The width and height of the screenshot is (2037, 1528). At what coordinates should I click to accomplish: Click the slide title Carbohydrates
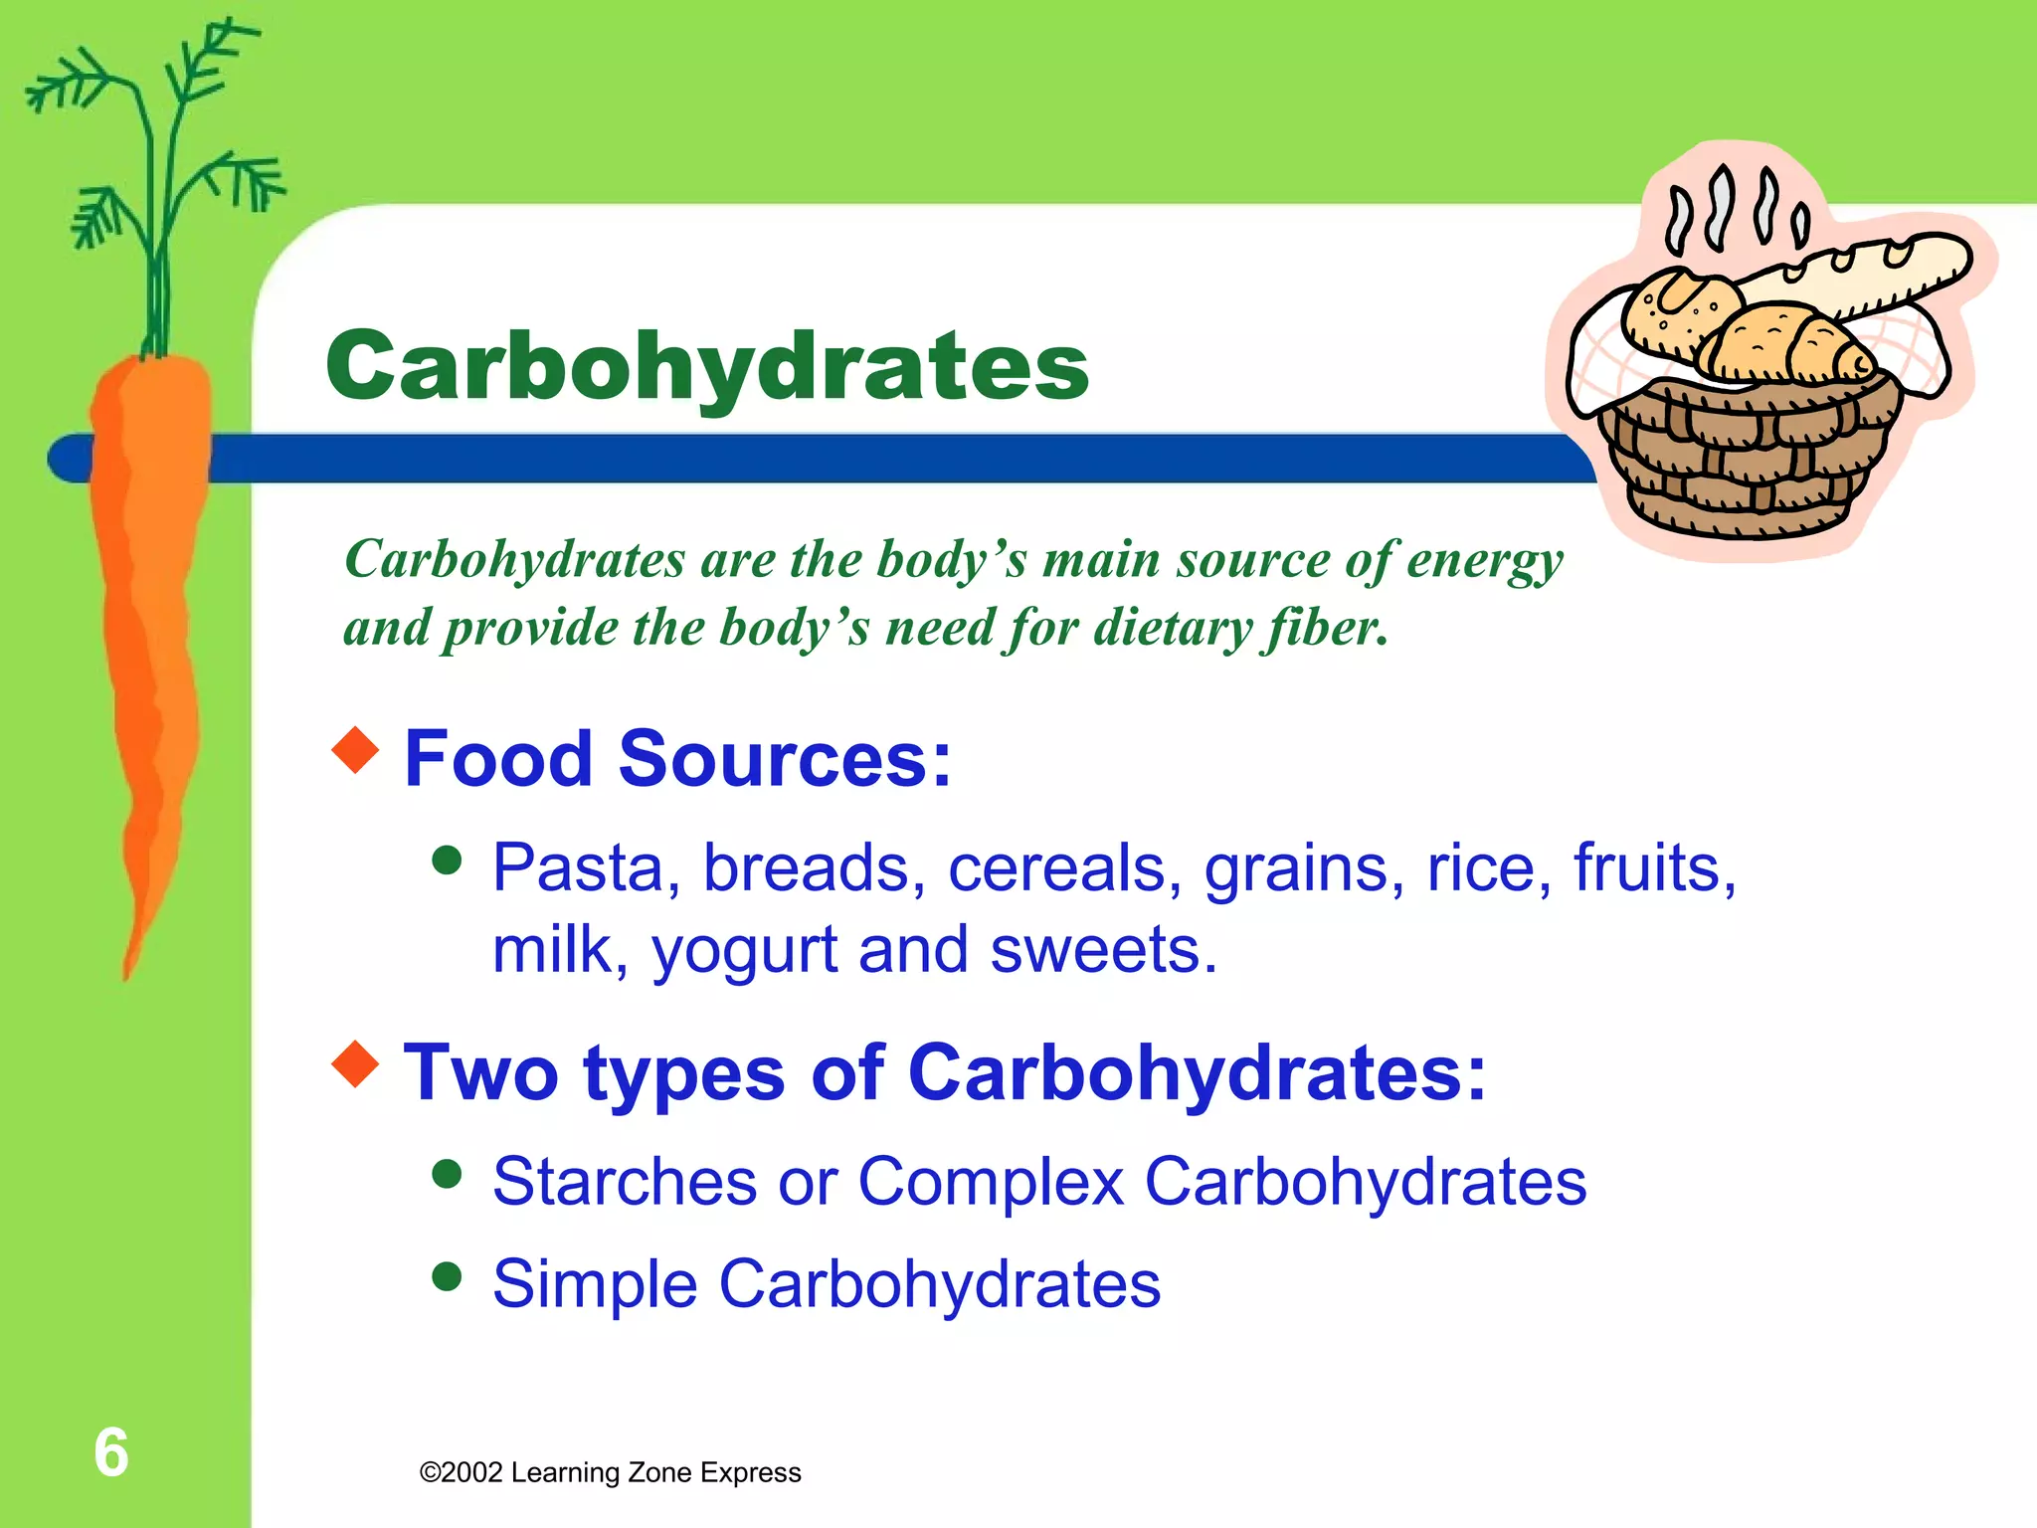[707, 367]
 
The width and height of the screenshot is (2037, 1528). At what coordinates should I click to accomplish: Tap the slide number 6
[111, 1452]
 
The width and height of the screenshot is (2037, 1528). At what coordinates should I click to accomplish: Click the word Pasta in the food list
[577, 867]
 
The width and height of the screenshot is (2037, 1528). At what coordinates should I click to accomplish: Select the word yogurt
[745, 951]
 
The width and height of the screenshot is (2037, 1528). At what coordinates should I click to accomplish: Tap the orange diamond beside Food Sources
[355, 750]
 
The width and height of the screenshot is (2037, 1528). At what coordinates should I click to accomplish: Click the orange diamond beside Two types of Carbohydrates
[355, 1063]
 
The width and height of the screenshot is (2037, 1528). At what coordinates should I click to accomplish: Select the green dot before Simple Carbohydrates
[448, 1276]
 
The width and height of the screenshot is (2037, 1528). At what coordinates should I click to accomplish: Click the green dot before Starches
[448, 1174]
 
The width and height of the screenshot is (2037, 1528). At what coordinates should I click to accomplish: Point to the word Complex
[991, 1183]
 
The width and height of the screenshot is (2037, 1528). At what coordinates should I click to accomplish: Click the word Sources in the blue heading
[785, 760]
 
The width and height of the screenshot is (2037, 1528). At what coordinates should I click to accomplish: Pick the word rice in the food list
[1488, 867]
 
